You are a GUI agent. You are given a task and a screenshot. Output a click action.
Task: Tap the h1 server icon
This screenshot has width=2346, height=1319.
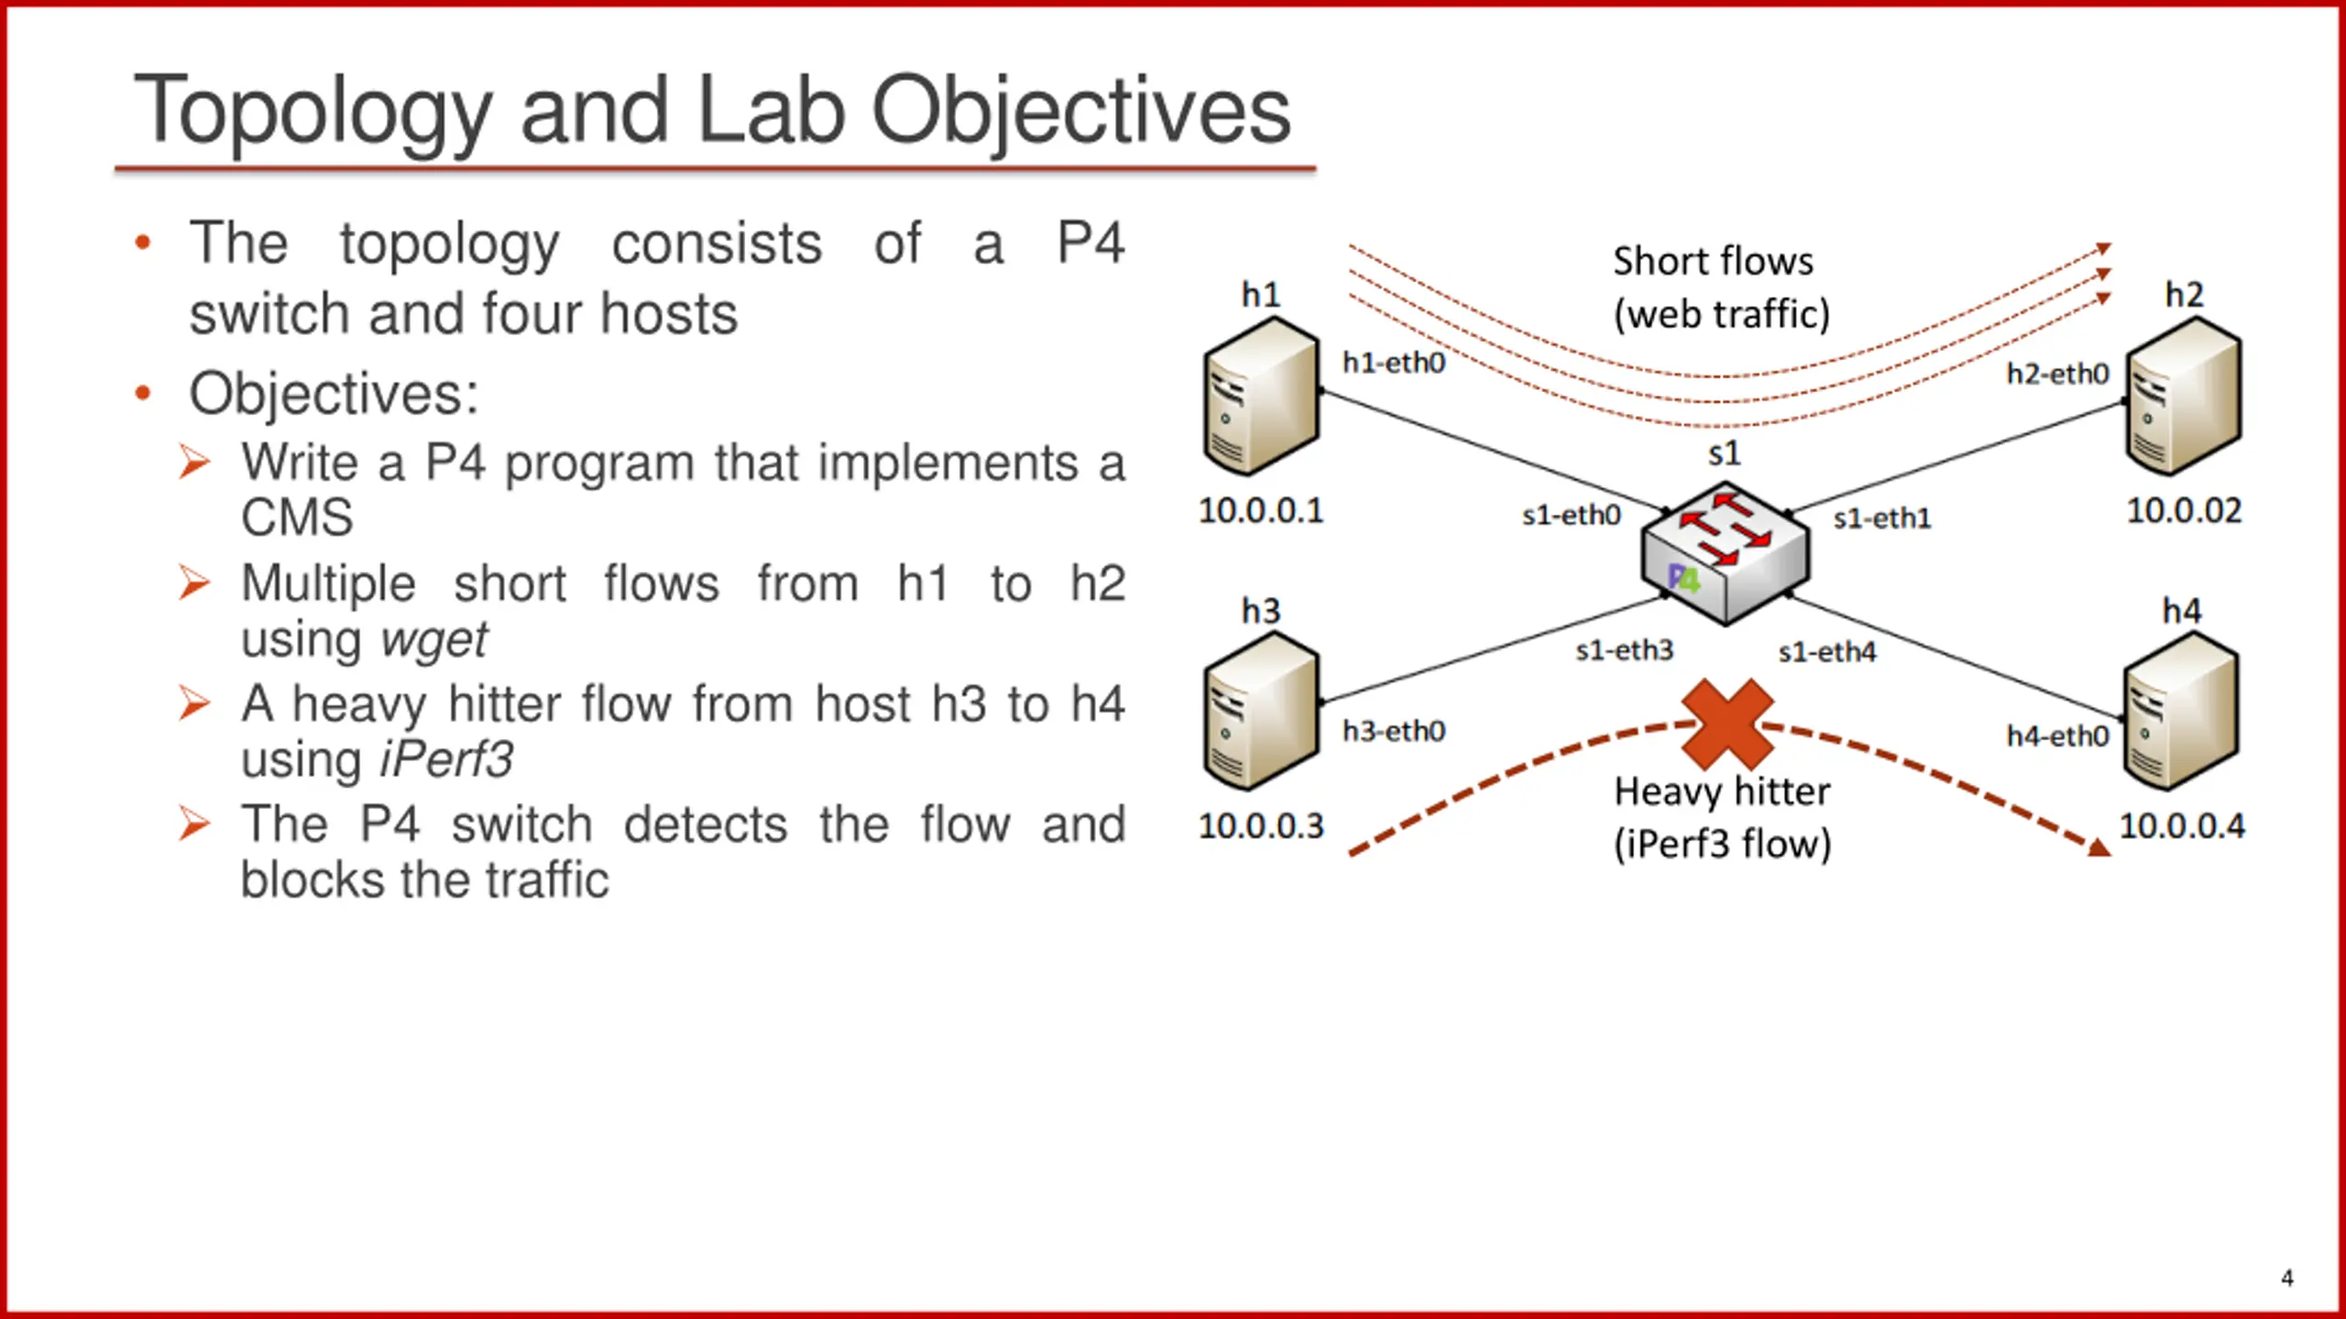click(1261, 396)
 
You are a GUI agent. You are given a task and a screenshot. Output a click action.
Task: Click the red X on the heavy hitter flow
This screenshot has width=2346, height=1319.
click(1727, 724)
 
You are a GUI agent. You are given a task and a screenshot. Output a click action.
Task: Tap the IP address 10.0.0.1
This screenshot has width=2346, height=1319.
click(1261, 510)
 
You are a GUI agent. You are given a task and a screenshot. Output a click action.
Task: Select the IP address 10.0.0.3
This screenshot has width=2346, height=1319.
click(1261, 826)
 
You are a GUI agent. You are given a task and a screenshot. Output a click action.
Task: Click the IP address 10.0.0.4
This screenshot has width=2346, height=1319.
click(2182, 826)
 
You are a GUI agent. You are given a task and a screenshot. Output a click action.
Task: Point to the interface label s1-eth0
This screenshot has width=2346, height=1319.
click(1571, 515)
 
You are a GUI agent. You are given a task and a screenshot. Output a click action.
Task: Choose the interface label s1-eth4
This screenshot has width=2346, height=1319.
click(1826, 651)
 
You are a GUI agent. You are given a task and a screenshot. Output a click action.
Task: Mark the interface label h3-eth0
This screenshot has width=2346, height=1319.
click(1393, 731)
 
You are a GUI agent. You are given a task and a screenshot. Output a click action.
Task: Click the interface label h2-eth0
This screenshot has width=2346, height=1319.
click(2057, 374)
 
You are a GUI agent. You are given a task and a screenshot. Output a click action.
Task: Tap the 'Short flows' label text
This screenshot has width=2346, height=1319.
click(1713, 262)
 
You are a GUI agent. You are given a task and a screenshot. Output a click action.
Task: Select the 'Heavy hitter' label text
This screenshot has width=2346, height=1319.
click(1721, 791)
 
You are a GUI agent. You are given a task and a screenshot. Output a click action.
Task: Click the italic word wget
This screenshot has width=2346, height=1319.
click(433, 639)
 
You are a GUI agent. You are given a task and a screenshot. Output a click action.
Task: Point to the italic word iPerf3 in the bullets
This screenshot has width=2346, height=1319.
click(446, 759)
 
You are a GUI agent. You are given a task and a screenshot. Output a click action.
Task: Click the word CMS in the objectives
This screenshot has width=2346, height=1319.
click(297, 518)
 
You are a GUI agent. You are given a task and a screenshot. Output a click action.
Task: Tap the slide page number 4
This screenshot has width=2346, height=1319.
click(2286, 1278)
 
